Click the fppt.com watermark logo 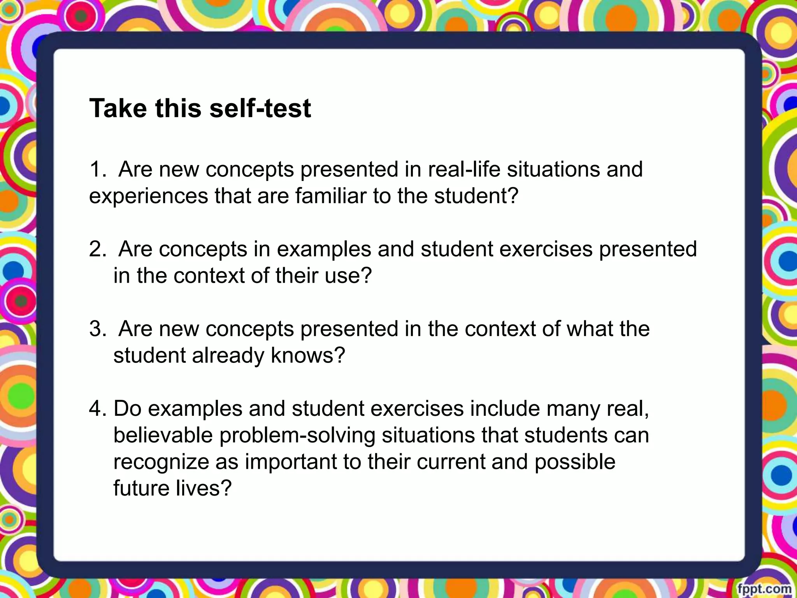click(764, 588)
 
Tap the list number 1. click(97, 170)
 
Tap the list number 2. click(97, 250)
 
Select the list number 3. click(97, 329)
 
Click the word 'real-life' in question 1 click(464, 170)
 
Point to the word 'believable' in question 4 click(163, 435)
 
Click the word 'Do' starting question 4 click(127, 409)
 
